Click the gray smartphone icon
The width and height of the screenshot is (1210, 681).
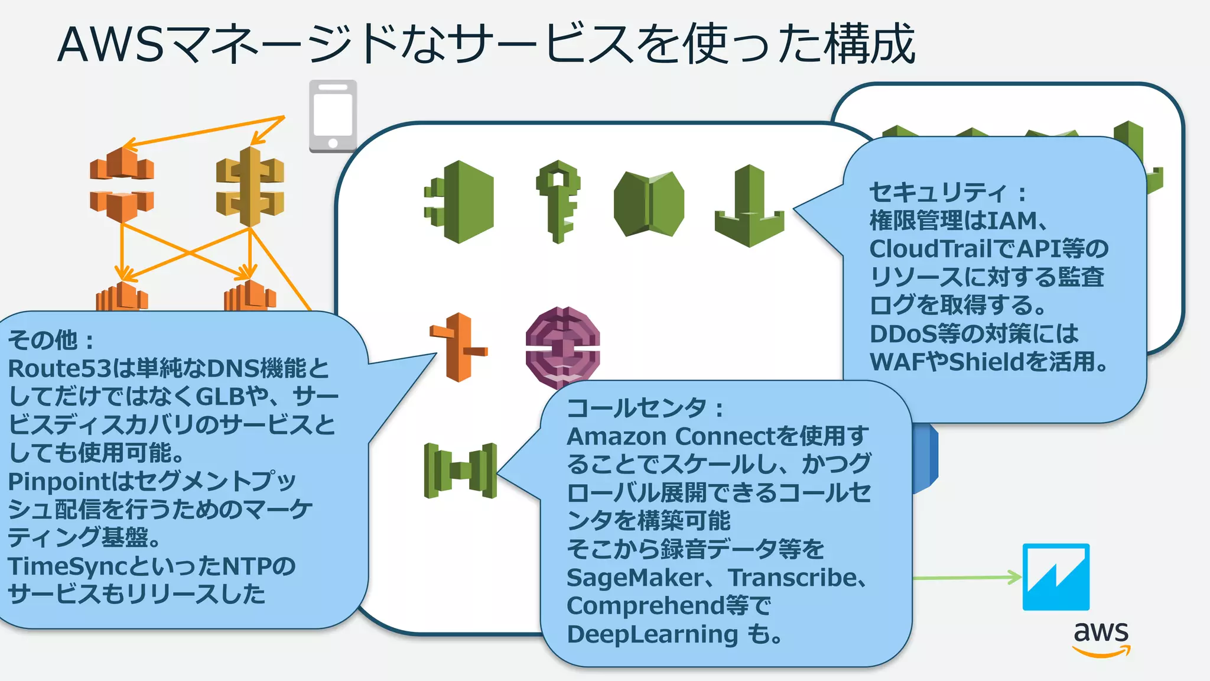pyautogui.click(x=333, y=116)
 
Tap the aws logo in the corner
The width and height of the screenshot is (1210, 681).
pyautogui.click(x=1101, y=638)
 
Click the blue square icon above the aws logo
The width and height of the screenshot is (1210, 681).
pyautogui.click(x=1056, y=577)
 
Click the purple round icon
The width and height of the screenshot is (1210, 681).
pyautogui.click(x=562, y=348)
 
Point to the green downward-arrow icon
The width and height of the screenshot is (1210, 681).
pyautogui.click(x=749, y=207)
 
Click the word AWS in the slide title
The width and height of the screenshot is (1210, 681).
pyautogui.click(x=110, y=45)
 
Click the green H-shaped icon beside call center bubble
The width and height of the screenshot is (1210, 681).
pyautogui.click(x=460, y=471)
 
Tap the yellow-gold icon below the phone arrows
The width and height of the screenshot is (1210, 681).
pyautogui.click(x=251, y=187)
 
